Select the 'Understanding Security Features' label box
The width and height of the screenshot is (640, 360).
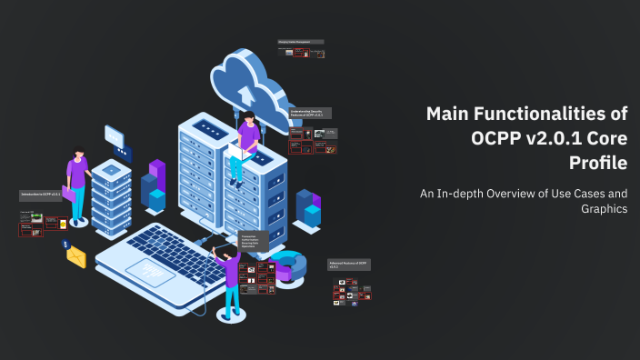(310, 114)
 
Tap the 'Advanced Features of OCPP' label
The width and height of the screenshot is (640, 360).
(349, 265)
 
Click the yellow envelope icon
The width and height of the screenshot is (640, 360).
(75, 256)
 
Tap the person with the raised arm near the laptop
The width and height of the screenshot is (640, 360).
(231, 277)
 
